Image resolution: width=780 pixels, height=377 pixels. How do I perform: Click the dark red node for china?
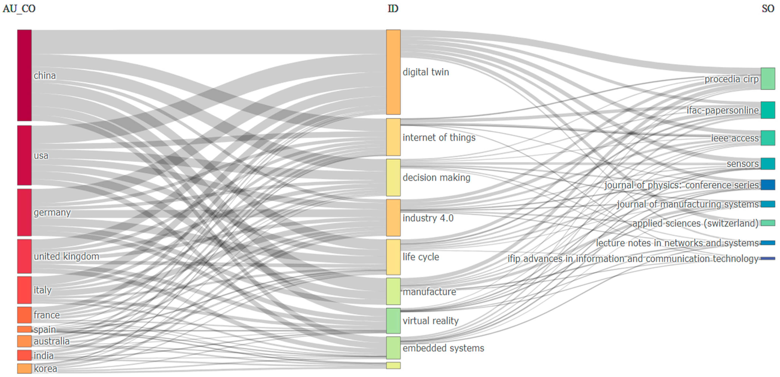click(24, 75)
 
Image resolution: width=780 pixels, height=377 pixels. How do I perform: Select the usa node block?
click(24, 155)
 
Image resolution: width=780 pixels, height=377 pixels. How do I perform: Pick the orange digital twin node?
click(393, 72)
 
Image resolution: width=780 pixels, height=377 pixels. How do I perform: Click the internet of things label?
click(439, 137)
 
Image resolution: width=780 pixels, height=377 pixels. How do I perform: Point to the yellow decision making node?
click(393, 177)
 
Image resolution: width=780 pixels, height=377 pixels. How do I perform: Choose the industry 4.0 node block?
click(393, 218)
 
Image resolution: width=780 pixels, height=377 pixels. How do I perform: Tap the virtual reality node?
click(393, 321)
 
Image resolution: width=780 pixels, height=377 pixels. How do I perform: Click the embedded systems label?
click(443, 348)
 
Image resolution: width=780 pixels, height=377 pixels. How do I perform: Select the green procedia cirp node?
click(768, 79)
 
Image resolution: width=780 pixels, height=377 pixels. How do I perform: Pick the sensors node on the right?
click(768, 163)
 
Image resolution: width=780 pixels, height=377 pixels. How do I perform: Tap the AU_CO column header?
click(19, 9)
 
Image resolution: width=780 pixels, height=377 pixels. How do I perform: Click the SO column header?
click(768, 9)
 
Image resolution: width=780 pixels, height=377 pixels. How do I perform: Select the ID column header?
click(393, 9)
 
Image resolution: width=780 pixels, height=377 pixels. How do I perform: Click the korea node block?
click(24, 368)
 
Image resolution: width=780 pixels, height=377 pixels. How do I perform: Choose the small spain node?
click(24, 329)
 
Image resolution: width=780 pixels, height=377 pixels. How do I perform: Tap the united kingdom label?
click(66, 256)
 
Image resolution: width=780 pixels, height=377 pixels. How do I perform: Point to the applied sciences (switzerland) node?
click(768, 223)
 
